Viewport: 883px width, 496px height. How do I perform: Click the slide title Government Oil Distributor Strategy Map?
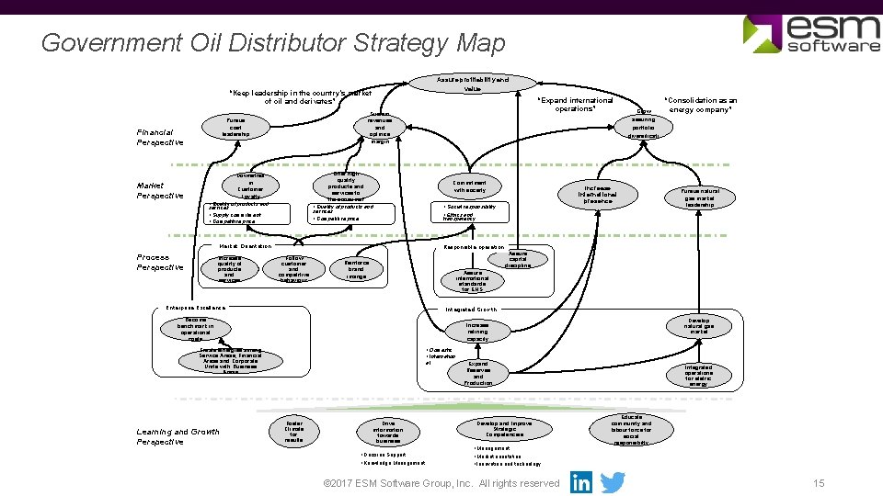[273, 43]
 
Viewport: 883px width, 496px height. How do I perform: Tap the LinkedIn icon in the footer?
[581, 482]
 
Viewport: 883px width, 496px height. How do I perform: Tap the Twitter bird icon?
[613, 482]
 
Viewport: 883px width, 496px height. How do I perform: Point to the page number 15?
[819, 483]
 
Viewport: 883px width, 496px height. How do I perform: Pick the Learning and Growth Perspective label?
[178, 436]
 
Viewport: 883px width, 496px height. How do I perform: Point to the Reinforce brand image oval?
[356, 268]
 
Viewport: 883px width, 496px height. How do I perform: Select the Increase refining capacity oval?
[477, 332]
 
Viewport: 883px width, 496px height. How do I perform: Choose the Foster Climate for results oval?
[293, 431]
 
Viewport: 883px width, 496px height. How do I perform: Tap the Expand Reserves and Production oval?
[477, 373]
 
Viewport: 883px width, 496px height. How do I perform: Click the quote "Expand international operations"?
[575, 105]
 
